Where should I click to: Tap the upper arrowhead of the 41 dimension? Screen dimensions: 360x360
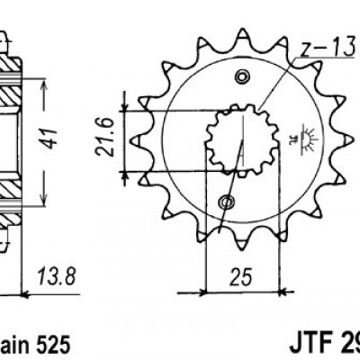[43, 84]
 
